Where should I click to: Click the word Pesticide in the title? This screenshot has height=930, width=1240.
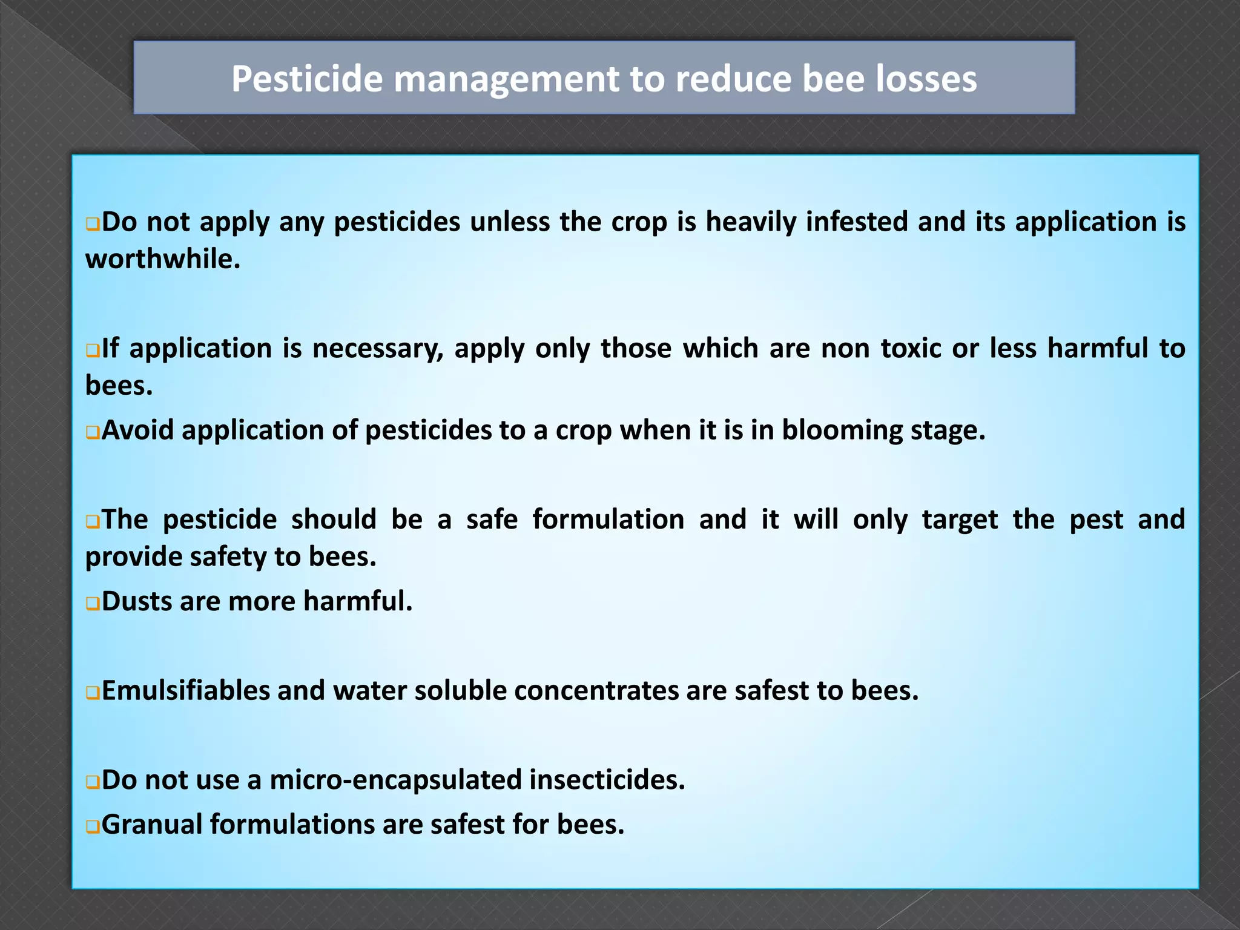(x=307, y=79)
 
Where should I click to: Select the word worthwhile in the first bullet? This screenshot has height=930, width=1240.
(x=162, y=259)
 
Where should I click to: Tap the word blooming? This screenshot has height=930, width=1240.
(x=842, y=430)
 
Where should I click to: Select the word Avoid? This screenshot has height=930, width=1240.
(x=137, y=430)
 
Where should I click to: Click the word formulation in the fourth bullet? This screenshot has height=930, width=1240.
(x=608, y=519)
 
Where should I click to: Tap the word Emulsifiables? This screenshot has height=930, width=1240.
(x=186, y=691)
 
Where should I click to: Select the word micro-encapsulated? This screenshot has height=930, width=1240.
(x=395, y=780)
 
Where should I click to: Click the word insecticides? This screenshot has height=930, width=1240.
(x=607, y=780)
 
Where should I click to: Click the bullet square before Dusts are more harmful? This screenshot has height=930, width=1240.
(x=93, y=604)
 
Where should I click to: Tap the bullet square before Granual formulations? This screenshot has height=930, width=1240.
(x=93, y=827)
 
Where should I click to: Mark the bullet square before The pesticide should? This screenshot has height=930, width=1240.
(x=93, y=522)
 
